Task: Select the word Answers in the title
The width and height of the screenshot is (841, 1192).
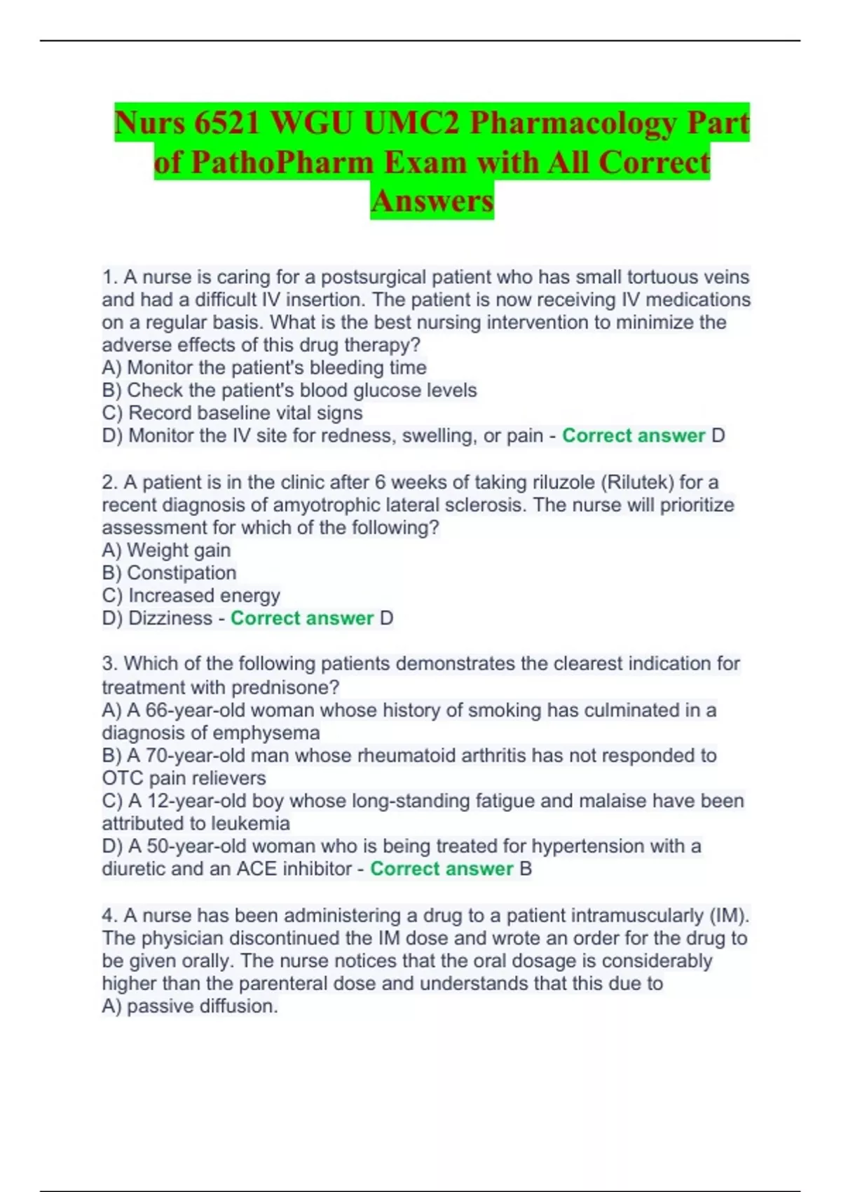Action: (432, 201)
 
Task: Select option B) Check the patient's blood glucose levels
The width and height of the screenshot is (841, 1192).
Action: (289, 391)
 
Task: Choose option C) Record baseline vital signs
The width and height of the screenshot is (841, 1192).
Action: (232, 413)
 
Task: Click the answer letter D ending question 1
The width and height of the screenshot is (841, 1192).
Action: (718, 436)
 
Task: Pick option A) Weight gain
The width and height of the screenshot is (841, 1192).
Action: (166, 550)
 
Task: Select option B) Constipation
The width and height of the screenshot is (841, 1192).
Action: (169, 573)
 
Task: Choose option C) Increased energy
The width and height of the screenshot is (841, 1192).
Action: (191, 596)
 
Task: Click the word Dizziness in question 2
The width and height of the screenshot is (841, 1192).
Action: (170, 618)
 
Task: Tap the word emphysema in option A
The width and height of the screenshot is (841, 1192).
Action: (266, 733)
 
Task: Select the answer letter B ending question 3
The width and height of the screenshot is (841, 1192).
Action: (526, 869)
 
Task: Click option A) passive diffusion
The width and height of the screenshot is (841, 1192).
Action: (190, 1006)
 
